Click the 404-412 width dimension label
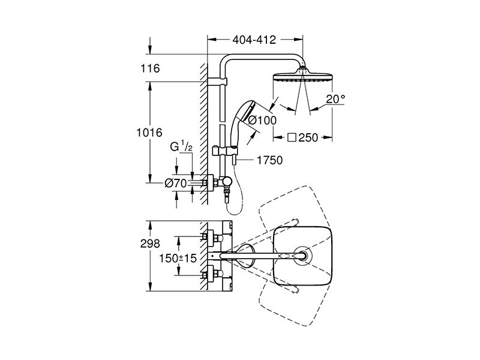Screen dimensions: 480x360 (x=254, y=40)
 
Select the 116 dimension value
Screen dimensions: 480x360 (x=150, y=68)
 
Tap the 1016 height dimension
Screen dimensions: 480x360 (x=149, y=133)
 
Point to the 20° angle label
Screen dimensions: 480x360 (x=335, y=99)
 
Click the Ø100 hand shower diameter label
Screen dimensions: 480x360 (x=262, y=121)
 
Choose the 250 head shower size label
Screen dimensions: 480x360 (x=308, y=138)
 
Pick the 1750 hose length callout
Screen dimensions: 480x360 (x=269, y=160)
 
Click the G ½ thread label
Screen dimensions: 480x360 (x=181, y=147)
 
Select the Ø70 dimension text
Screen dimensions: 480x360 (x=175, y=184)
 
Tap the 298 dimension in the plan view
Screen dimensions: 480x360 (x=150, y=244)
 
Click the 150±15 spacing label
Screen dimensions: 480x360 (x=178, y=258)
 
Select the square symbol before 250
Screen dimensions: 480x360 (x=292, y=138)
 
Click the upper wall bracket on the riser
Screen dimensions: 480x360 (x=217, y=82)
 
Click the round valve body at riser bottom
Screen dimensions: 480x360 (x=227, y=182)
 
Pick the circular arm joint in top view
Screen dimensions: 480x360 (x=304, y=256)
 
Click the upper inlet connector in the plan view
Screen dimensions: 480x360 (x=211, y=237)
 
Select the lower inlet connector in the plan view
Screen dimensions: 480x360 (x=211, y=273)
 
